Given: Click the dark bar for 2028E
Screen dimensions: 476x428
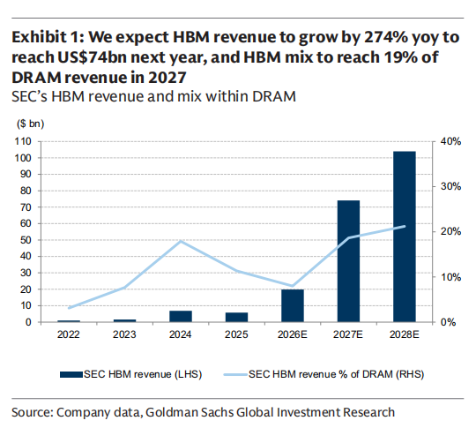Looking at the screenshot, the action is (405, 237).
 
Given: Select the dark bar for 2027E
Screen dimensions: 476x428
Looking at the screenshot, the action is (348, 261).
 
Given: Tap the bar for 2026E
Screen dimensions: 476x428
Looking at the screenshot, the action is (293, 305).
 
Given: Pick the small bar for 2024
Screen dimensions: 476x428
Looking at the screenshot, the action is (181, 316).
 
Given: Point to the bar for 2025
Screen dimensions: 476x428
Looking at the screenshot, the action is (236, 317).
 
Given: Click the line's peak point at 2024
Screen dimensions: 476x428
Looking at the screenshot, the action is (181, 242).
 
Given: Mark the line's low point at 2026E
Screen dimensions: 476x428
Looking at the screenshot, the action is (293, 286).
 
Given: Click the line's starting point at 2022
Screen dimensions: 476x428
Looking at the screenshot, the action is (69, 308).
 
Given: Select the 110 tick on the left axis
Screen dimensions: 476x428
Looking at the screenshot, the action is (23, 141).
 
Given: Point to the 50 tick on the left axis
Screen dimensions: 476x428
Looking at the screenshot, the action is (26, 240).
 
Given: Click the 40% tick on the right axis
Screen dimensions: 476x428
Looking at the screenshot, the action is (450, 141).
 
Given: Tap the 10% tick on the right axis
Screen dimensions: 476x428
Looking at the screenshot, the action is (450, 277).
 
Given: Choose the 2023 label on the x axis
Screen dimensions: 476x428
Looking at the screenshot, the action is (124, 334).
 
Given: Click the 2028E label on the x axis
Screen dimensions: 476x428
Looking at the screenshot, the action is (405, 334).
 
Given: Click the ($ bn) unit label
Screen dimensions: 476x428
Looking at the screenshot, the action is (30, 124).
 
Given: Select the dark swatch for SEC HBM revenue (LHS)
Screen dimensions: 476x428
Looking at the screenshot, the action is (71, 374).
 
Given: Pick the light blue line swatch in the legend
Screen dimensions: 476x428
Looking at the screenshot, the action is (235, 374).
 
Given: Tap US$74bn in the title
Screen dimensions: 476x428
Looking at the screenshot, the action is (92, 57).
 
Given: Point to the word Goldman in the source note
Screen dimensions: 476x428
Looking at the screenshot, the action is (173, 412).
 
